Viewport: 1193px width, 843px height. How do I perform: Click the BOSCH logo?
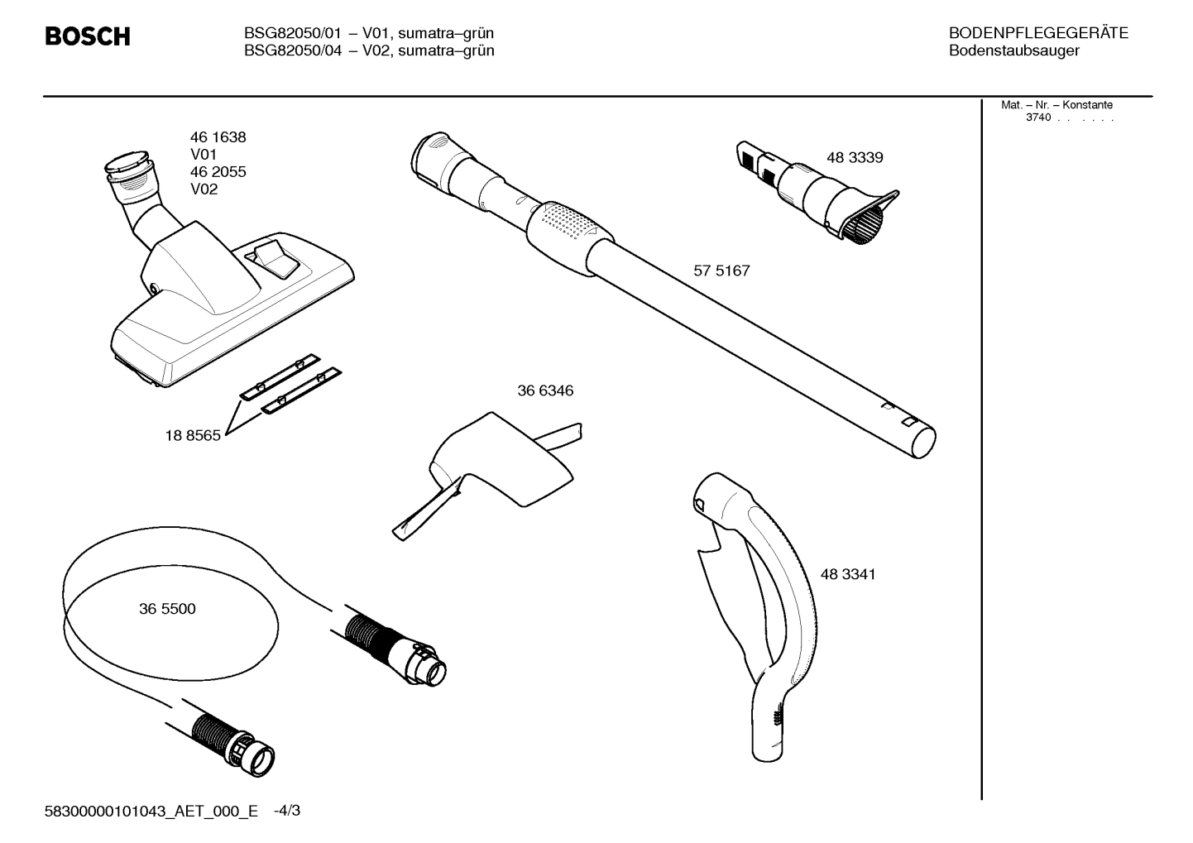click(87, 36)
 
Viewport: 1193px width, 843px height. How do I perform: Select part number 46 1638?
click(218, 137)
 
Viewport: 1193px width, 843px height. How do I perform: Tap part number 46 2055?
click(218, 172)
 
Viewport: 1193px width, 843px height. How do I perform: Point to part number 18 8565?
click(193, 436)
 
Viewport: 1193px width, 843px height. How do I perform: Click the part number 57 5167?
click(721, 271)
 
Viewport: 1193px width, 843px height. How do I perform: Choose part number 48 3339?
click(855, 157)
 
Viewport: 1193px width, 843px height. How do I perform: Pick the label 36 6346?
click(545, 390)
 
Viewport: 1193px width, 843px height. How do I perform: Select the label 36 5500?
click(167, 609)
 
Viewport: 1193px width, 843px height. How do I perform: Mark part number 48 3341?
click(848, 574)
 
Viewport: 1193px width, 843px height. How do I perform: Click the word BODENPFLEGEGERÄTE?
click(1038, 33)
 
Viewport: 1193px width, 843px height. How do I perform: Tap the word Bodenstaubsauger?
click(1013, 51)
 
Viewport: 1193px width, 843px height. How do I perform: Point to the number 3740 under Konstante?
click(1037, 117)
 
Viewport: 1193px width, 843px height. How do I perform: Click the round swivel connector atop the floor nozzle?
click(128, 167)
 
